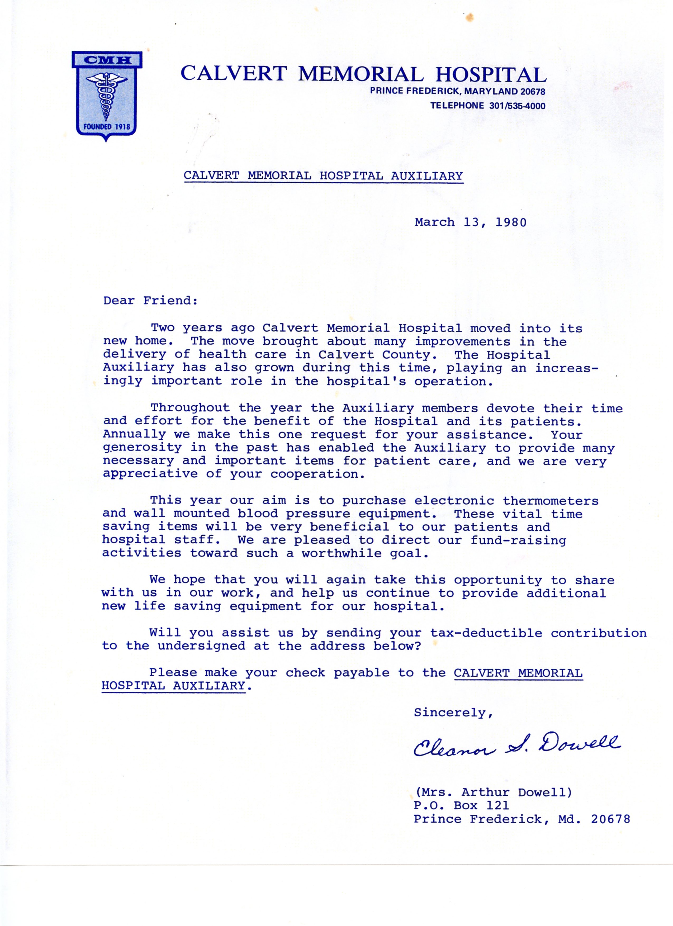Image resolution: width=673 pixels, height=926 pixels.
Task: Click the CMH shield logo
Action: tap(107, 96)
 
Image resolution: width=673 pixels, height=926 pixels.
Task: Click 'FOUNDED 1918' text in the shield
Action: tap(107, 127)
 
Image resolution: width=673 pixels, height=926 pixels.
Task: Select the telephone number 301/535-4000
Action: tap(516, 106)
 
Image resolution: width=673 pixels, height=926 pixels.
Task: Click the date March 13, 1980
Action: tap(471, 222)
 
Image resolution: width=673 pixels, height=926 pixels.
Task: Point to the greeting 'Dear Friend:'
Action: tap(150, 301)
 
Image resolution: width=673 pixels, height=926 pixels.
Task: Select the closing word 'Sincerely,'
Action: tap(453, 713)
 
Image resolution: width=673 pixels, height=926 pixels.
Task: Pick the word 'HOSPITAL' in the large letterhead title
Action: tap(491, 75)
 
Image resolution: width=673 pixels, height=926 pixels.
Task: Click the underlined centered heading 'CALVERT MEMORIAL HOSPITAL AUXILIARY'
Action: tap(323, 176)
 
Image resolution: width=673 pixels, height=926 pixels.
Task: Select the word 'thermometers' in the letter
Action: tap(551, 501)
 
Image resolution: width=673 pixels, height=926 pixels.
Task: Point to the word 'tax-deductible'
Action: tap(486, 633)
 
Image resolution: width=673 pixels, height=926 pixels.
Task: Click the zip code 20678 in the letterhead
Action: tap(532, 92)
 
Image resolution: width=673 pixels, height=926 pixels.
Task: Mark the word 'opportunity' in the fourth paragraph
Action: tap(498, 580)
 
